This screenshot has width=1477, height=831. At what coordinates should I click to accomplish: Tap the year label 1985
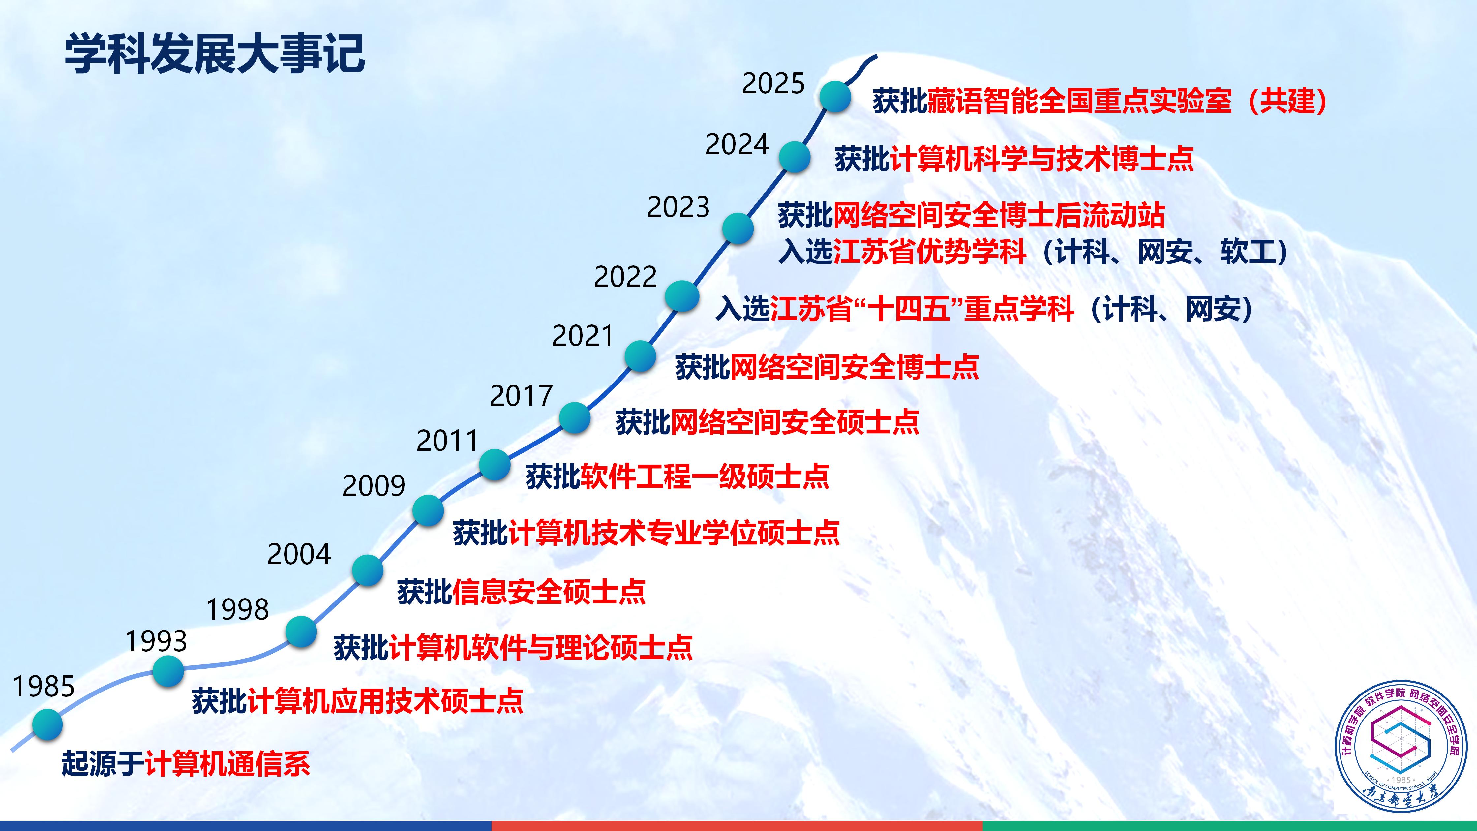pyautogui.click(x=44, y=687)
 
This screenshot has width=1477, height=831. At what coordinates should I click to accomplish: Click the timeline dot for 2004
pyautogui.click(x=368, y=570)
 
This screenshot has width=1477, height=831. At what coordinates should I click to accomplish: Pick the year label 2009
pyautogui.click(x=374, y=486)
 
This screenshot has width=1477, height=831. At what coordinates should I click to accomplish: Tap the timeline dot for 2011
pyautogui.click(x=494, y=465)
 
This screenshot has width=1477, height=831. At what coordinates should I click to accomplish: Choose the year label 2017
pyautogui.click(x=521, y=396)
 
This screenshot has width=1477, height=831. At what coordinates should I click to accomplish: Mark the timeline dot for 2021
pyautogui.click(x=640, y=356)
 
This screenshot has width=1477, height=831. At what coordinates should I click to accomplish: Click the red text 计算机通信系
pyautogui.click(x=227, y=763)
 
